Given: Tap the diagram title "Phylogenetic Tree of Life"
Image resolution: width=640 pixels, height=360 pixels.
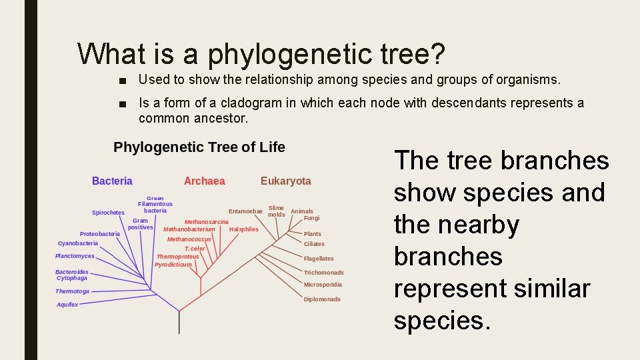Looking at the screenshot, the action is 199,147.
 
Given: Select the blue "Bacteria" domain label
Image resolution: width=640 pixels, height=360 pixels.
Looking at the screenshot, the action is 112,181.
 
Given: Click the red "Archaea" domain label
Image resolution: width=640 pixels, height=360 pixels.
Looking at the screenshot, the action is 204,181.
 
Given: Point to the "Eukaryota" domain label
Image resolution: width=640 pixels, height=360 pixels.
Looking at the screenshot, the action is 285,181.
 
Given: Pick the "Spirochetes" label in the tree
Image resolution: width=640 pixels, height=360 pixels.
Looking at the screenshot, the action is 108,213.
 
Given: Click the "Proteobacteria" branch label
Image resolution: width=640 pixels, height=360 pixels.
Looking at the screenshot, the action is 100,234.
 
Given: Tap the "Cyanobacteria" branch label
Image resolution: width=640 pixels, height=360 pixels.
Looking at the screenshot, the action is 78,243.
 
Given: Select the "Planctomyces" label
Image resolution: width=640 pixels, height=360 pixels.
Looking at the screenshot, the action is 75,256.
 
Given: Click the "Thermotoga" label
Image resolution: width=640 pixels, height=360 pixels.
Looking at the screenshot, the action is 72,291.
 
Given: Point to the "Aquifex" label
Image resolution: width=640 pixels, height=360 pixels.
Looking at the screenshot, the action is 67,305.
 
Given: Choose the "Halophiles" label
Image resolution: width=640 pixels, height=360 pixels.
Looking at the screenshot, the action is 243,229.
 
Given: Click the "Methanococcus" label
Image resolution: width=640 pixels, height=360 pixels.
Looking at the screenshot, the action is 189,239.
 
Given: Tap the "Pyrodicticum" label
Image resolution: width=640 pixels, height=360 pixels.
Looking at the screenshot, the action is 173,265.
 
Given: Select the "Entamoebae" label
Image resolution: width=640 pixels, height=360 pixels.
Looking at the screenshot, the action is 245,211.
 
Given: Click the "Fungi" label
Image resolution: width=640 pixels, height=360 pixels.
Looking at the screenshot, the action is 311,218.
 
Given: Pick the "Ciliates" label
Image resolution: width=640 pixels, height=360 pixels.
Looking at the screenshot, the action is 314,244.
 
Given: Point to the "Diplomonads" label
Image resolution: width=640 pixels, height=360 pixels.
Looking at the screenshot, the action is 322,299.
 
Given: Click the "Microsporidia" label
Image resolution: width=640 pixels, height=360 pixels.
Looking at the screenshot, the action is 323,285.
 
